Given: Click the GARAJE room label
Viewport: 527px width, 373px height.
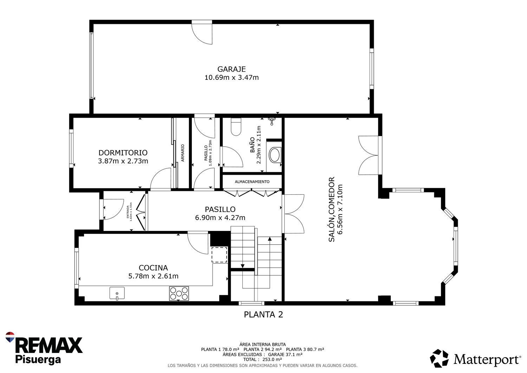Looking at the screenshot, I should pyautogui.click(x=231, y=69).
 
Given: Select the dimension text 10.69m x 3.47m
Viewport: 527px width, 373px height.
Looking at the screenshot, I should pyautogui.click(x=232, y=77).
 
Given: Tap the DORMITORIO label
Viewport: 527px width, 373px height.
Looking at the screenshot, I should pyautogui.click(x=123, y=153).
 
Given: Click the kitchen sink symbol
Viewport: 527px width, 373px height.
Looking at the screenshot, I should pyautogui.click(x=117, y=293).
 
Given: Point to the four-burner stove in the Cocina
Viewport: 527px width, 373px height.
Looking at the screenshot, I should pyautogui.click(x=179, y=294).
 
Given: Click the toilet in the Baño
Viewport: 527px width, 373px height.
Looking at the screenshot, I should pyautogui.click(x=236, y=127).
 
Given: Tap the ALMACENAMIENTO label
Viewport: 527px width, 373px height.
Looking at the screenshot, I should pyautogui.click(x=252, y=182).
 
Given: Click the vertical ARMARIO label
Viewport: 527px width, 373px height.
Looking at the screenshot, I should pyautogui.click(x=183, y=153).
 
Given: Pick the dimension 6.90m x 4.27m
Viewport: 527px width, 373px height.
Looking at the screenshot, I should pyautogui.click(x=220, y=218).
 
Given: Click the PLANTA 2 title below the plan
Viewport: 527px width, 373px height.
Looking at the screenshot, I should pyautogui.click(x=263, y=315).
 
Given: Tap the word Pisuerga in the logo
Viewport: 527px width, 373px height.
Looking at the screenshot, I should pyautogui.click(x=38, y=359).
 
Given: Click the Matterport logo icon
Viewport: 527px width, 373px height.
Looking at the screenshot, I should pyautogui.click(x=439, y=358).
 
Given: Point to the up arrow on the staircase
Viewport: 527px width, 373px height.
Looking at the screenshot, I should pyautogui.click(x=270, y=239).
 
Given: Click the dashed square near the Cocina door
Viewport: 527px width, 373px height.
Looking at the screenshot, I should pyautogui.click(x=219, y=255).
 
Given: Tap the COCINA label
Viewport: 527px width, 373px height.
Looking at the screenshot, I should pyautogui.click(x=153, y=268).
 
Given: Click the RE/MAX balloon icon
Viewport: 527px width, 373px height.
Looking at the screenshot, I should pyautogui.click(x=10, y=337).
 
